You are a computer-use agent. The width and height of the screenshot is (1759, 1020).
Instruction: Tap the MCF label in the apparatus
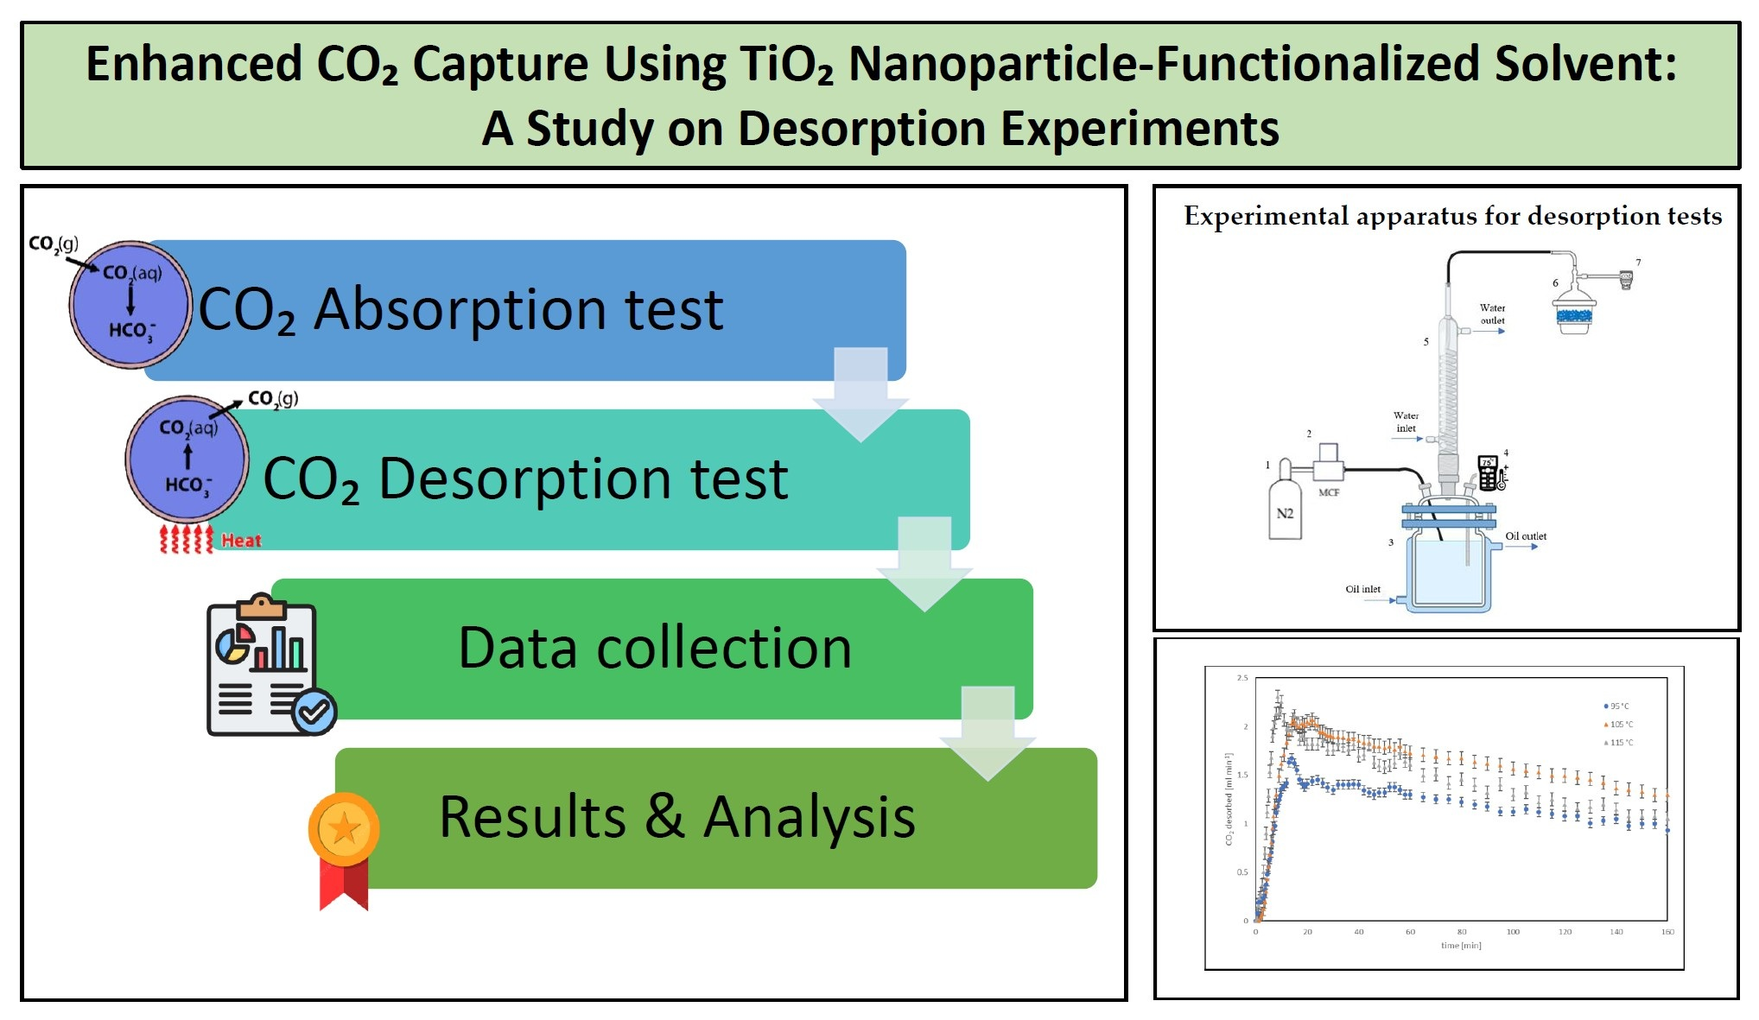(1329, 492)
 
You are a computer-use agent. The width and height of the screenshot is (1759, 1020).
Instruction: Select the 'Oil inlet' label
(1362, 589)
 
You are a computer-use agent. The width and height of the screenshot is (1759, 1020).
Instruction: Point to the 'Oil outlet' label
(1526, 536)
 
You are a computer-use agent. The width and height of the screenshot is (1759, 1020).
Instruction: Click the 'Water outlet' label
(1492, 314)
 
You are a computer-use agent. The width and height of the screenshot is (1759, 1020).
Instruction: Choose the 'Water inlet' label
(1406, 421)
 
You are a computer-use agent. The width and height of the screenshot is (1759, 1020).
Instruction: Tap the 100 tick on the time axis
(1513, 932)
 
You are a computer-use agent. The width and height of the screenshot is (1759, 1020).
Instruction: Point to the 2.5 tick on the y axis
(1241, 678)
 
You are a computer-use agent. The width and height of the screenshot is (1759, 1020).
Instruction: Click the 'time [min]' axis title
(1461, 946)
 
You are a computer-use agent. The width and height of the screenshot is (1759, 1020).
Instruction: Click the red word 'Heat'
(241, 541)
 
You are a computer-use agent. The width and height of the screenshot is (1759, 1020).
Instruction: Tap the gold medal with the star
(344, 830)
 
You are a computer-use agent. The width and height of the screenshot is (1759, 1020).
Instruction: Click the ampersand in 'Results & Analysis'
(664, 816)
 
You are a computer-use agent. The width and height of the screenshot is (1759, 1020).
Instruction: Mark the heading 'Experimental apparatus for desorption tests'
(1452, 216)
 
